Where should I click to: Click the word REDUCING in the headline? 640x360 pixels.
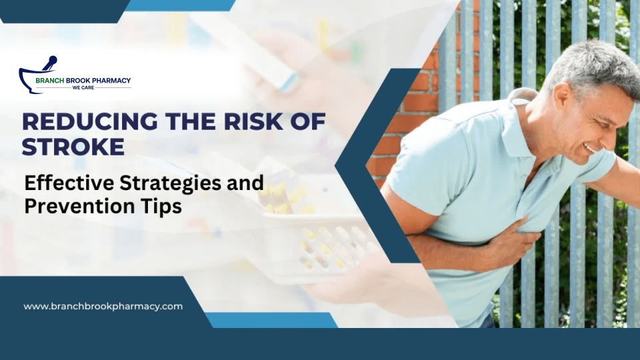tap(71, 122)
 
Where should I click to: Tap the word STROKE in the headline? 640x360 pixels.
tap(73, 146)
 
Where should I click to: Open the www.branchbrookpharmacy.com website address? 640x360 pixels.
tap(103, 306)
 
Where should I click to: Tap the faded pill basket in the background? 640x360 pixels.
tap(313, 247)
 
